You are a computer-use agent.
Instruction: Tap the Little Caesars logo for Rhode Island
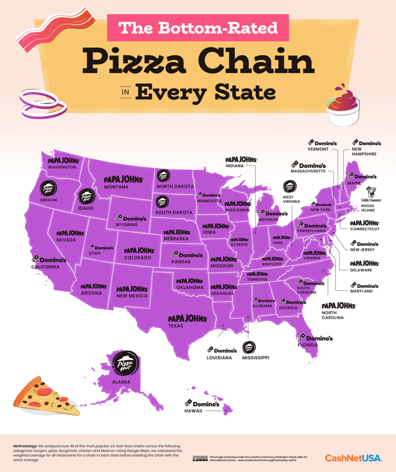[373, 195]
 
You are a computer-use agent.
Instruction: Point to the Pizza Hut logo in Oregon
[48, 189]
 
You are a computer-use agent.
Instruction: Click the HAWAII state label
[194, 411]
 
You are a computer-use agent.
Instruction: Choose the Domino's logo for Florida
[315, 338]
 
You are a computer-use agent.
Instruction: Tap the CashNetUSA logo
[354, 458]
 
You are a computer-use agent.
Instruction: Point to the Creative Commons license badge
[200, 458]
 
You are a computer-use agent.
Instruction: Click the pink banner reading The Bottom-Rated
[198, 28]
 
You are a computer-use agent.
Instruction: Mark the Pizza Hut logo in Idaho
[86, 197]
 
